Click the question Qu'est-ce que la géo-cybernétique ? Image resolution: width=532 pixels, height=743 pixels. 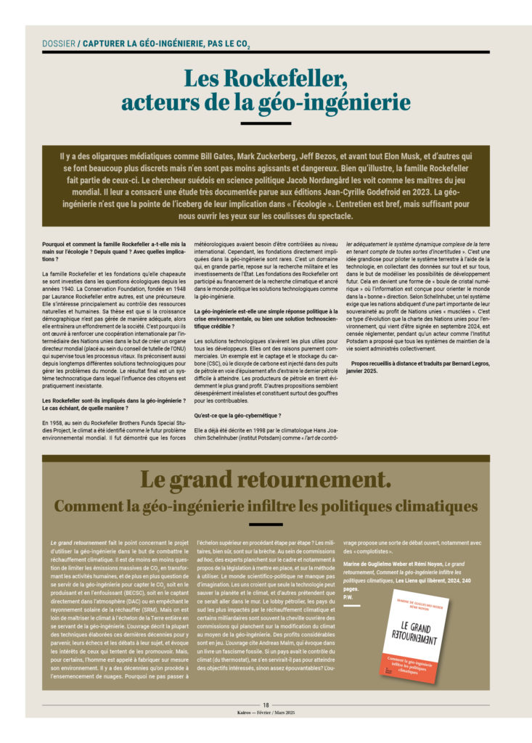(228, 415)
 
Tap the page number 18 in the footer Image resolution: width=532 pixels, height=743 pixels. (266, 705)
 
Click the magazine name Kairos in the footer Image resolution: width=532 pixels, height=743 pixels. (245, 713)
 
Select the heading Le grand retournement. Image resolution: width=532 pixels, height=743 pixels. (266, 480)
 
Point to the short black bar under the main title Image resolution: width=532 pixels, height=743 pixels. (266, 126)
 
